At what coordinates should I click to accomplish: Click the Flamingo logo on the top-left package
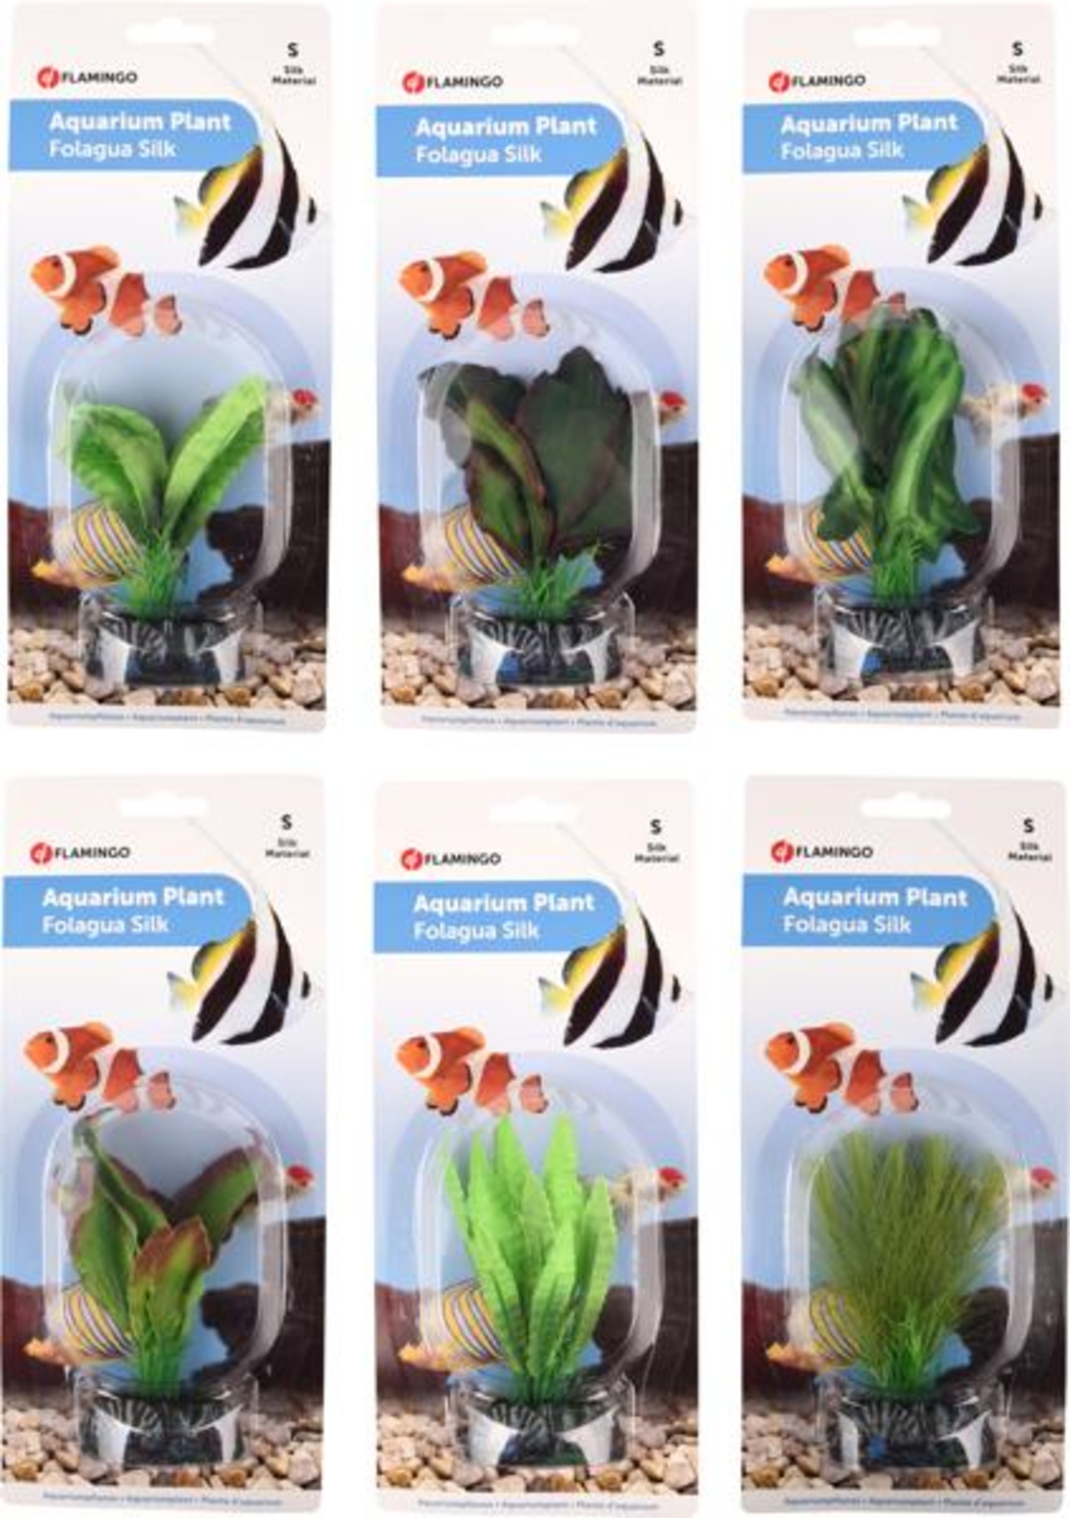click(87, 77)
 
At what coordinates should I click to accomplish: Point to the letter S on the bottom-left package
click(286, 821)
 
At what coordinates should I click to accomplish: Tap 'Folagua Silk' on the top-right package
click(842, 150)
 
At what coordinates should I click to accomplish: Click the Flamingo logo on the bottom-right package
click(822, 851)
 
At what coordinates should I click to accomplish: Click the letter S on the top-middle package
click(658, 49)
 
